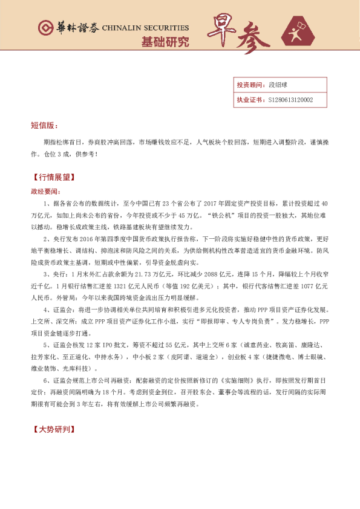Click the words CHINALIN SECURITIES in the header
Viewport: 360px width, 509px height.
pos(145,28)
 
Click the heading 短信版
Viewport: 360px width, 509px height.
pos(44,125)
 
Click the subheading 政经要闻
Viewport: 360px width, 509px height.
pos(46,190)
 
